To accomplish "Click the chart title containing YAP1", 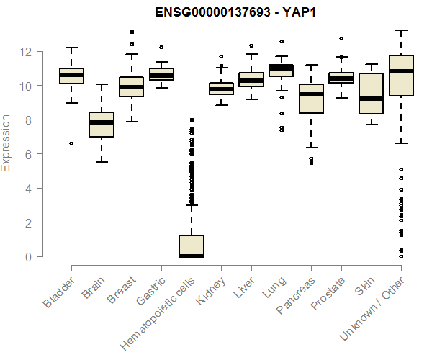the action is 235,12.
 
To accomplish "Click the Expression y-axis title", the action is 6,143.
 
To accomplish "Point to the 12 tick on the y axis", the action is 40,52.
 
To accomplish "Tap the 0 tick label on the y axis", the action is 28,257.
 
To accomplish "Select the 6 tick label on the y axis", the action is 28,154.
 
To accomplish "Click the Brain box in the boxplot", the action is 102,125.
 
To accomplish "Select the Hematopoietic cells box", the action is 192,246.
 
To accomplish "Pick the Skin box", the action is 371,94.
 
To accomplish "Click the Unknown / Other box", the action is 401,76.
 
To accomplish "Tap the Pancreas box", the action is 311,99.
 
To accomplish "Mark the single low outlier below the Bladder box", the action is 71,143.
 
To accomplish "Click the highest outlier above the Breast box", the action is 132,32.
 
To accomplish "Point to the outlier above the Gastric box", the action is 161,47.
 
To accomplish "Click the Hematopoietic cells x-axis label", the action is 157,313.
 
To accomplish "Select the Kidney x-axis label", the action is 210,291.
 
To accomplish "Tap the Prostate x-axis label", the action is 328,293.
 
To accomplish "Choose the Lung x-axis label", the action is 274,287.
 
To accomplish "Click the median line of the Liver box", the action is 251,81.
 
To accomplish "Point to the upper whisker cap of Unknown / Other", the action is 402,30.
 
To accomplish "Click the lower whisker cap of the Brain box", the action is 102,162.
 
